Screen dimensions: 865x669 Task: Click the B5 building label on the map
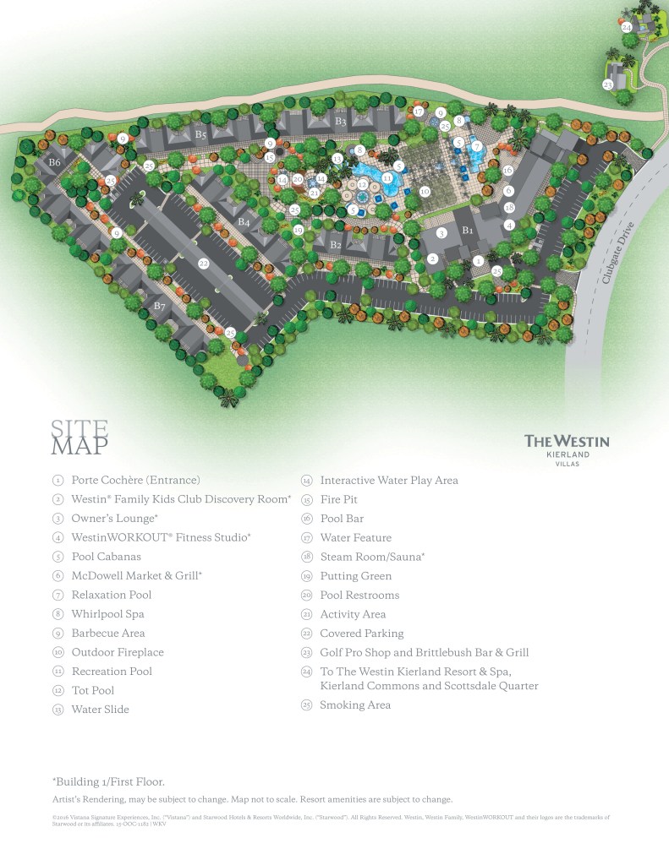(x=200, y=134)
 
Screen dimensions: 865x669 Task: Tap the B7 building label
(x=159, y=306)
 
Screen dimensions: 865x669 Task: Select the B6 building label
(x=55, y=161)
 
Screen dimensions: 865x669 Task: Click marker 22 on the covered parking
(x=204, y=264)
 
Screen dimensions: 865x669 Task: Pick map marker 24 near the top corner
(x=627, y=27)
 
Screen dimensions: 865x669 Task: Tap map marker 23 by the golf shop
(x=607, y=84)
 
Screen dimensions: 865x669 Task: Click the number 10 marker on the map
(x=425, y=192)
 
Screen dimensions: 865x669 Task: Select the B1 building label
(x=466, y=229)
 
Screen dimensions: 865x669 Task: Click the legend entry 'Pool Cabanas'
(x=106, y=557)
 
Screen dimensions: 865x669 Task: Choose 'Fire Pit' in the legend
(x=338, y=499)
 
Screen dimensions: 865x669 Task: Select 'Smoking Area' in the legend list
(x=355, y=705)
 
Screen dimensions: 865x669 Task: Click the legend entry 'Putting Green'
(x=355, y=576)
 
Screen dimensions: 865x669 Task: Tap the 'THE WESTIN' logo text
(x=567, y=440)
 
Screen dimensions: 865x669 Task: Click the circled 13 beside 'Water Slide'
(x=57, y=710)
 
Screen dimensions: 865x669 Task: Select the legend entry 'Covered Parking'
(x=361, y=633)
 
